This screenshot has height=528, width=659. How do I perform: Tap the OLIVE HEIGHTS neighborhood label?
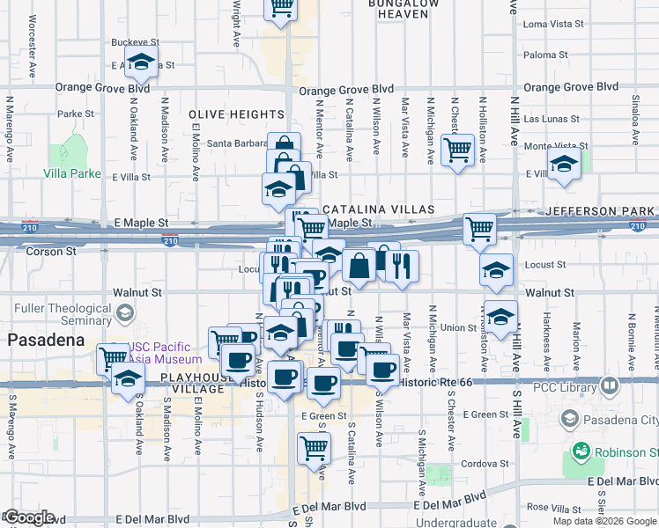(x=236, y=115)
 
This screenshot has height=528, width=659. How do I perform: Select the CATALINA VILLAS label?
(x=379, y=209)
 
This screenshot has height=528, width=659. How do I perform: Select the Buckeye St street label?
(x=135, y=41)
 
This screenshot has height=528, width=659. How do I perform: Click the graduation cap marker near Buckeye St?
(x=139, y=63)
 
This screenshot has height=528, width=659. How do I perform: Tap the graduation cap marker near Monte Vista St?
(x=563, y=163)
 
